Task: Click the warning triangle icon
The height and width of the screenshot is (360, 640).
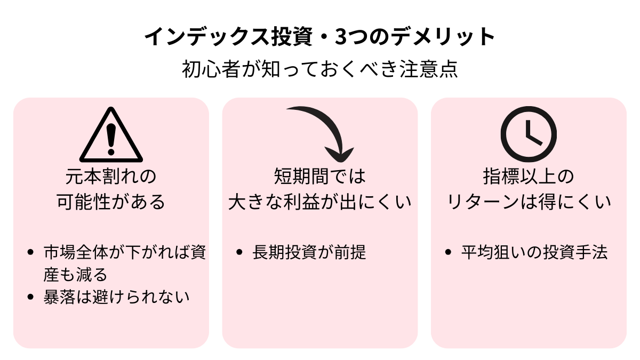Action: [x=111, y=135]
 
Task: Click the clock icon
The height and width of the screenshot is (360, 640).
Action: [x=529, y=135]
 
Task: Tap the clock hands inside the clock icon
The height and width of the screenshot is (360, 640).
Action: [x=531, y=133]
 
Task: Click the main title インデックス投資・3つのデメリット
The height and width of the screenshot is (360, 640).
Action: [x=320, y=38]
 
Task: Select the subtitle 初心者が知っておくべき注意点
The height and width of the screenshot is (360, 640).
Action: [x=320, y=70]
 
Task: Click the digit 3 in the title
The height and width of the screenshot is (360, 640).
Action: [x=341, y=38]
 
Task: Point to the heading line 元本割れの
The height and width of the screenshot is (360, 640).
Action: [x=111, y=176]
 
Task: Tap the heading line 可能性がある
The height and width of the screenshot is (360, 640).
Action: [x=111, y=202]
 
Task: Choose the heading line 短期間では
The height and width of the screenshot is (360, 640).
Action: [x=320, y=176]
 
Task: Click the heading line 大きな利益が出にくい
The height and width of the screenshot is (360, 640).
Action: [x=320, y=202]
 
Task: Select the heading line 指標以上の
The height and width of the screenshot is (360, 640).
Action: [x=529, y=176]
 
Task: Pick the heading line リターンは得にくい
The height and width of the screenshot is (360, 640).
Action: [x=529, y=202]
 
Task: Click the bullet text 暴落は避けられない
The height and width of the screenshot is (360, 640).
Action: [x=116, y=297]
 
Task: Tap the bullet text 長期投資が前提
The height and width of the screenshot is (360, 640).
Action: [x=309, y=252]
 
